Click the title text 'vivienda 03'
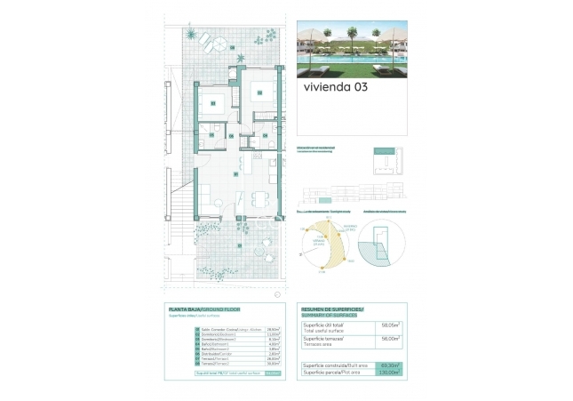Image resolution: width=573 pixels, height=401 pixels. click(x=335, y=88)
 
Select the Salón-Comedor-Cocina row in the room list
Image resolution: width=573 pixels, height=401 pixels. click(x=222, y=328)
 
